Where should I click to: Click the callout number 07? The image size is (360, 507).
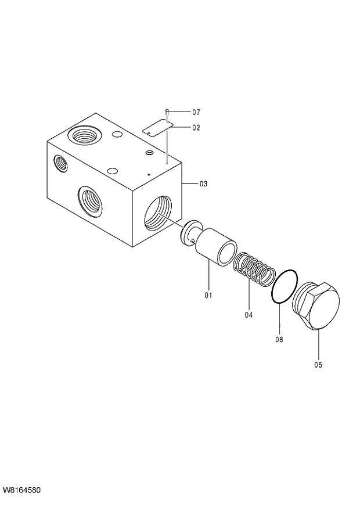click(x=196, y=112)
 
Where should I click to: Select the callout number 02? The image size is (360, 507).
click(x=196, y=127)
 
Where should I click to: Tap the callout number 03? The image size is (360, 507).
click(x=203, y=184)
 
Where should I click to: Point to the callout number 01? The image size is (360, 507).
click(x=208, y=296)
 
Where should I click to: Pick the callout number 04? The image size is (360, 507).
click(x=249, y=315)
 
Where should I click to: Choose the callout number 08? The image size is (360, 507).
click(x=279, y=339)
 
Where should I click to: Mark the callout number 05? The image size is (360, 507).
click(x=318, y=365)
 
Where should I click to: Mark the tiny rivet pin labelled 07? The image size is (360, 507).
click(x=167, y=112)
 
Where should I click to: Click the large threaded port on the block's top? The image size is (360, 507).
click(x=84, y=137)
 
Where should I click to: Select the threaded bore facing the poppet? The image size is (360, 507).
click(x=157, y=214)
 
